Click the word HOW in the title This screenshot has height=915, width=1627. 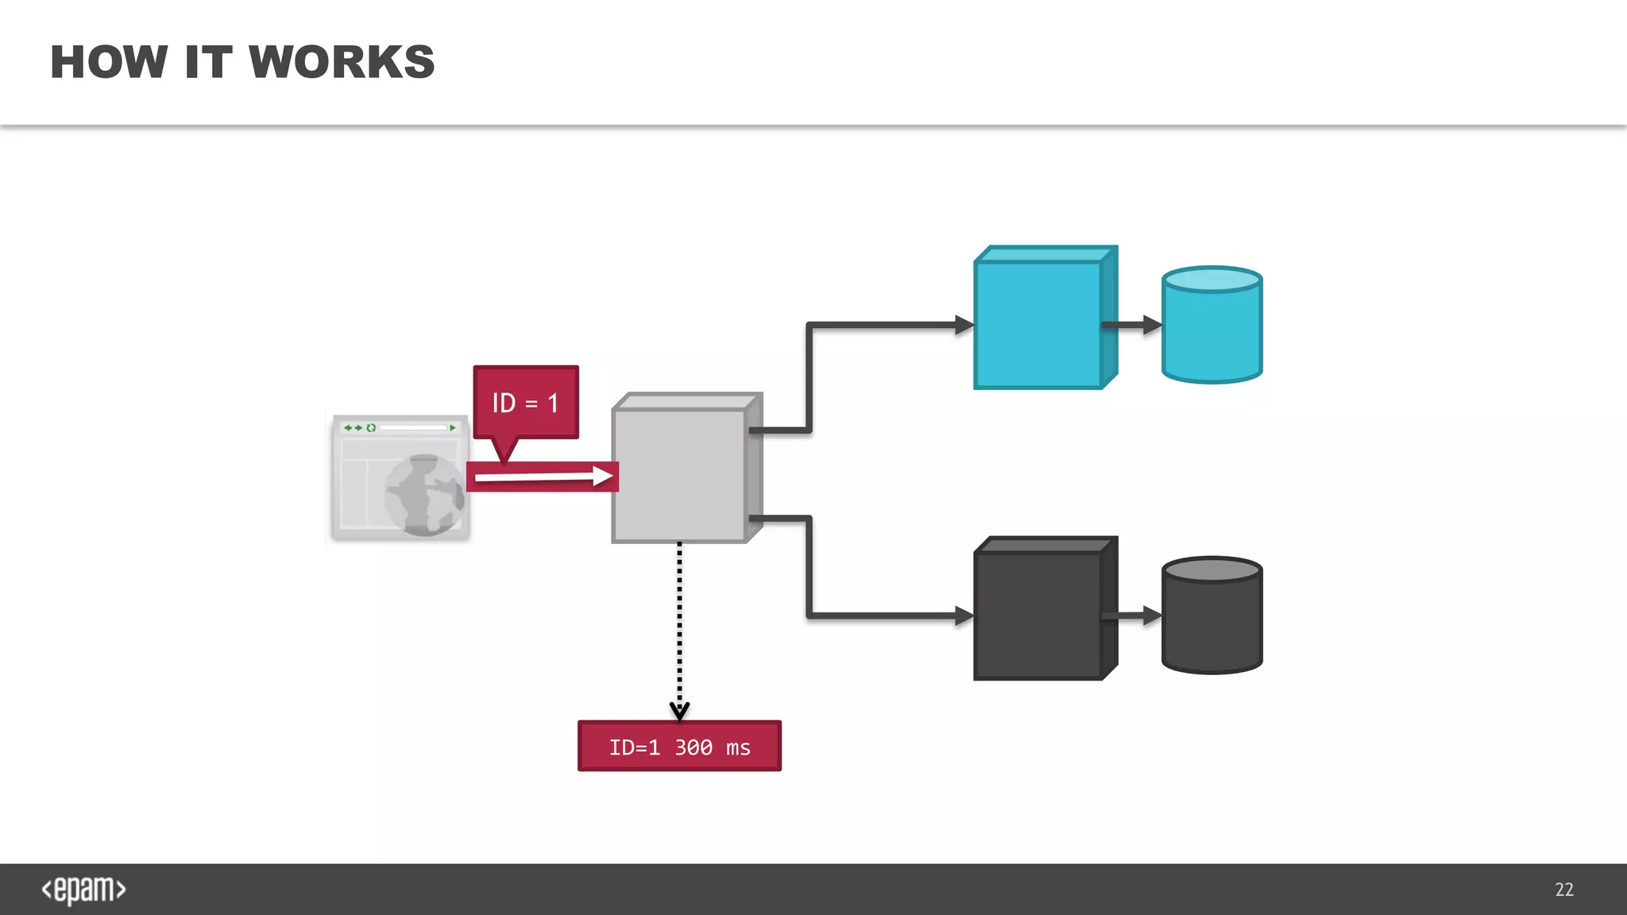click(109, 62)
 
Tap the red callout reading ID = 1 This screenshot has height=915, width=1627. click(525, 403)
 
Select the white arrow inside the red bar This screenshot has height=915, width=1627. click(544, 477)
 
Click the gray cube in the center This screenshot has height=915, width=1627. click(679, 475)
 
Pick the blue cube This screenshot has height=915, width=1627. click(1038, 324)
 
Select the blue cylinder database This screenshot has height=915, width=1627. click(1212, 326)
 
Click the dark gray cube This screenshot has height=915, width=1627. click(1038, 615)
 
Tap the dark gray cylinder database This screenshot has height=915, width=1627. click(1212, 616)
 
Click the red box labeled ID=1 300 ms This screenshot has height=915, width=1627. click(679, 747)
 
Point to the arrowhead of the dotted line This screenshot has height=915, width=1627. click(679, 710)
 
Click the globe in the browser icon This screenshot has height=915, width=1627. click(424, 495)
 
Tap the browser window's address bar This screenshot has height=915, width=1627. click(413, 427)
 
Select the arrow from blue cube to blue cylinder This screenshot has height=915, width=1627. click(1132, 324)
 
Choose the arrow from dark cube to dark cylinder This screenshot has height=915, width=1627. click(1132, 616)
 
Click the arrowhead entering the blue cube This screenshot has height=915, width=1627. click(964, 324)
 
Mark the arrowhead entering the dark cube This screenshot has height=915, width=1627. click(964, 616)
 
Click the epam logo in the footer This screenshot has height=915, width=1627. click(83, 890)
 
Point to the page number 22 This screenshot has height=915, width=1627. click(1564, 890)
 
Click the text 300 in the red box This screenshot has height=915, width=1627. click(694, 747)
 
